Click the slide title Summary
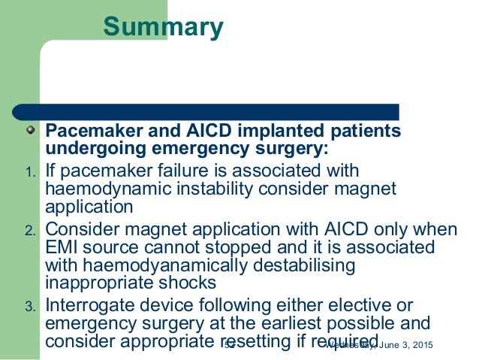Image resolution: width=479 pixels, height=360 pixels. point(163,26)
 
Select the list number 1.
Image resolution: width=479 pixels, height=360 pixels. point(29,175)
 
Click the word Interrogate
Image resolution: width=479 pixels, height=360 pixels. point(94,305)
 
